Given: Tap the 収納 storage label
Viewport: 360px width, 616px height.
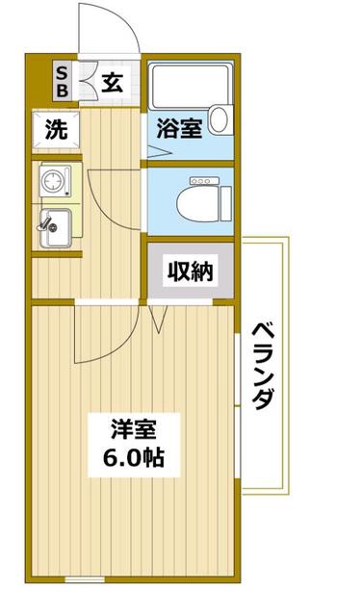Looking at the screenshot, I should pyautogui.click(x=189, y=272).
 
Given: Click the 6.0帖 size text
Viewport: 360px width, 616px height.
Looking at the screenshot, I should pyautogui.click(x=133, y=456).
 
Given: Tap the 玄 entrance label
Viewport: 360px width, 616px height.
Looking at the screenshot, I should pyautogui.click(x=112, y=83).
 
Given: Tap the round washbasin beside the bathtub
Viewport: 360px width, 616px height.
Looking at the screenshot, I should pyautogui.click(x=220, y=119).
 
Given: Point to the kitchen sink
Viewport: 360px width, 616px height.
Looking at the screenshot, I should pyautogui.click(x=55, y=227).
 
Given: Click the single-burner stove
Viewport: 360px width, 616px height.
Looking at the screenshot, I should pyautogui.click(x=53, y=180).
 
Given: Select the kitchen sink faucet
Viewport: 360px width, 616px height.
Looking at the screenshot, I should pyautogui.click(x=43, y=222).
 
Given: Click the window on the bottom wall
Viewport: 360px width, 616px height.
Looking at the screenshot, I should pyautogui.click(x=85, y=579).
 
